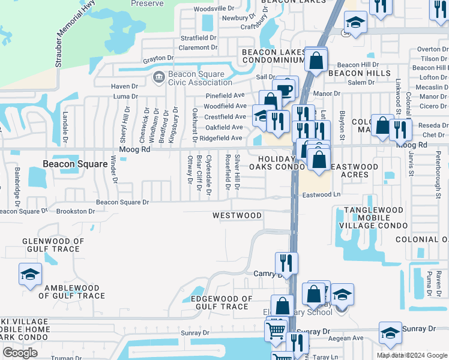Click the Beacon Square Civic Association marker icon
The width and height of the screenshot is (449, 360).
159,76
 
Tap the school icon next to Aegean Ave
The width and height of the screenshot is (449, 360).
390,333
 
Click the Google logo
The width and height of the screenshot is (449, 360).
20,352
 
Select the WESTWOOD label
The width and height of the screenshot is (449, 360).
237,215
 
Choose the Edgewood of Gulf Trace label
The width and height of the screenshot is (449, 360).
221,302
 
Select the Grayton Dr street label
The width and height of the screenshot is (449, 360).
157,59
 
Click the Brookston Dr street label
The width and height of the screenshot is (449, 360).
76,211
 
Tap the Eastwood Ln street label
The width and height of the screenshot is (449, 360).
321,195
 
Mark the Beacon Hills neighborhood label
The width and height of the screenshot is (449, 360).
354,73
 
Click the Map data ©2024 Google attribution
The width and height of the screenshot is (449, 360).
412,355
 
